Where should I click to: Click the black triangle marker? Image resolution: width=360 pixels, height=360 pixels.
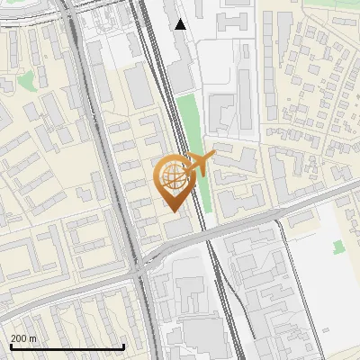coord(181,24)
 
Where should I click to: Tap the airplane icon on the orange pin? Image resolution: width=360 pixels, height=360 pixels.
coord(198,163)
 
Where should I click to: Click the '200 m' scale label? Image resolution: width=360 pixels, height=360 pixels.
coord(23,338)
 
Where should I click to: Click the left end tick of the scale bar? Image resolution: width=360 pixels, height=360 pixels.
coord(10,345)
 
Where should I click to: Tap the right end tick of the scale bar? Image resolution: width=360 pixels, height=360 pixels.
coord(122,345)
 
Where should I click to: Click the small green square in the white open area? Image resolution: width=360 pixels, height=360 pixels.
coord(338,246)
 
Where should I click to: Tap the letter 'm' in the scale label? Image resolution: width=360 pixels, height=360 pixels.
coord(33,338)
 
